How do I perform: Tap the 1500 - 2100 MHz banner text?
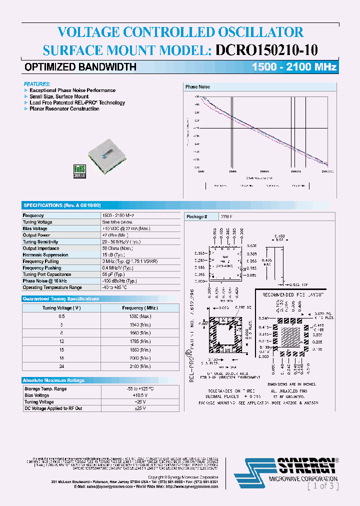point(294,67)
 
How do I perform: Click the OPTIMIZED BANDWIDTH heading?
point(80,67)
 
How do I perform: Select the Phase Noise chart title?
point(198,87)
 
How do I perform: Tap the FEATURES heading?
point(37,84)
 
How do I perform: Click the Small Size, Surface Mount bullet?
point(59,96)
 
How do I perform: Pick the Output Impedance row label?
point(41,248)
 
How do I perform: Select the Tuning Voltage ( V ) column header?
point(61,308)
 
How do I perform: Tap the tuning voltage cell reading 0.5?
point(61,316)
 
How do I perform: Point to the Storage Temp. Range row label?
point(45,388)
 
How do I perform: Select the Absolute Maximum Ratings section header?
point(54,380)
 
